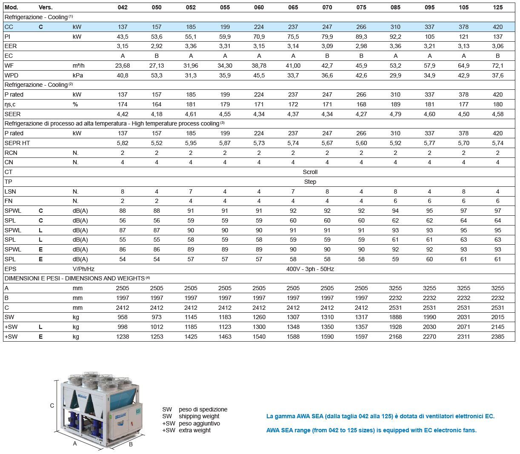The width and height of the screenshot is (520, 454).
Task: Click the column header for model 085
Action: [395, 7]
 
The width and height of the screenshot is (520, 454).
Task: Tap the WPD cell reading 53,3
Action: [157, 75]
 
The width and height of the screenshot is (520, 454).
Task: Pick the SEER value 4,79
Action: [395, 114]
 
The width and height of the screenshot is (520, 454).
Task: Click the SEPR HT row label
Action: [17, 143]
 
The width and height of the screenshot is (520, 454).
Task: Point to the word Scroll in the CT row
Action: [310, 172]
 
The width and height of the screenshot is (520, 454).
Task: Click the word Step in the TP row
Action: [310, 182]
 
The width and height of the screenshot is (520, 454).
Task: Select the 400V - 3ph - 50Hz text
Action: [310, 269]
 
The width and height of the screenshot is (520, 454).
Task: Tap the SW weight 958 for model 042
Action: [123, 317]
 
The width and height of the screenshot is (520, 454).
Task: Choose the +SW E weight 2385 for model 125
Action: [497, 337]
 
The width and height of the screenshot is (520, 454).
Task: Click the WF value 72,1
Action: [497, 66]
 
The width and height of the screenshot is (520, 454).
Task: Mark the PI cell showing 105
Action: [429, 37]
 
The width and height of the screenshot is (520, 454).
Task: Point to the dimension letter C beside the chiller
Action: [52, 405]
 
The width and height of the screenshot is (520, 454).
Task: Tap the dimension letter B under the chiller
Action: [131, 444]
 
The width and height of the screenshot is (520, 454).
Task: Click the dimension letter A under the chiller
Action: [75, 443]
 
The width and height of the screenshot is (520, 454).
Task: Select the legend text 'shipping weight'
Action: [199, 416]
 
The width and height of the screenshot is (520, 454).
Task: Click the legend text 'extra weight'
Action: [194, 430]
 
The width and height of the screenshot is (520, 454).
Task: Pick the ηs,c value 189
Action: [395, 104]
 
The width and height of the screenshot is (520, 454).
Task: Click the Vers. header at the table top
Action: [46, 7]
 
